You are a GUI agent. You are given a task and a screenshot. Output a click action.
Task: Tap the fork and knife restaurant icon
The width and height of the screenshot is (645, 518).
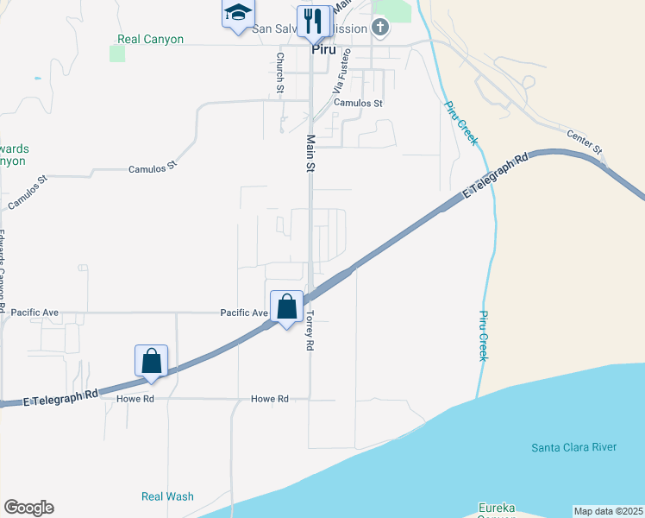coord(311,22)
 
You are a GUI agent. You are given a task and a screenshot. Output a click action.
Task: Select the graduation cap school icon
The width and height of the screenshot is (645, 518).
coord(237,14)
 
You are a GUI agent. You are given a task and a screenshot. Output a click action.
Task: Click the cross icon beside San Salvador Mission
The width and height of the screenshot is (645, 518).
coord(380,28)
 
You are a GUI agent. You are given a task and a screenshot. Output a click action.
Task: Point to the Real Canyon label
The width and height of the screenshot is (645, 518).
coord(151,40)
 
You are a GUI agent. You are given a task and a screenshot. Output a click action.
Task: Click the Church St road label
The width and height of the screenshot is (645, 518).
coord(279,73)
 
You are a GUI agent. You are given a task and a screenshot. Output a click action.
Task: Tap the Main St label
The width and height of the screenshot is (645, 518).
coord(308,153)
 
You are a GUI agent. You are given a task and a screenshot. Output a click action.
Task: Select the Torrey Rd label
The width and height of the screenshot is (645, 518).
coord(308,330)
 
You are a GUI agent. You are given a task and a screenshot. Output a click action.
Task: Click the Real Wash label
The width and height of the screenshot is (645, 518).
coord(167,496)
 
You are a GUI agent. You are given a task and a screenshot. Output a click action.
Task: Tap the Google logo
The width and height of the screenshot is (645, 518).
coord(28,508)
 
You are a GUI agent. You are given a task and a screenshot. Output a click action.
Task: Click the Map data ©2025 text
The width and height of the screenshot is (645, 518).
coord(608,511)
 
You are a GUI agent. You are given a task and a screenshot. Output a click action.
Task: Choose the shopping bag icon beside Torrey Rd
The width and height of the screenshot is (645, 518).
coord(286,307)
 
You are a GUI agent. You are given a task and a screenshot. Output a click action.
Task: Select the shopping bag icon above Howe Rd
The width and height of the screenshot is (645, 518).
coord(151,362)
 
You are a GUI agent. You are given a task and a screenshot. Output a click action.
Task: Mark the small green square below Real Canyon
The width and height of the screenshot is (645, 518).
coord(117,54)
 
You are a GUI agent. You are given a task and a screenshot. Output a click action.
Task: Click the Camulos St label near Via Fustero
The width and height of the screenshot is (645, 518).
coord(358,103)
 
